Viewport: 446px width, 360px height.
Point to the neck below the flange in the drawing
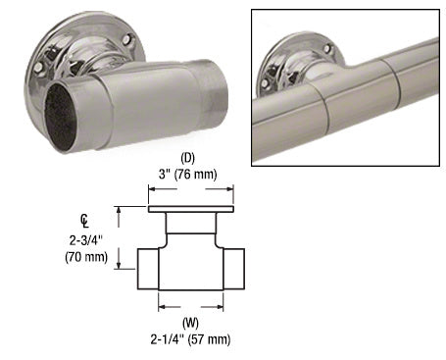pyautogui.click(x=191, y=228)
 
